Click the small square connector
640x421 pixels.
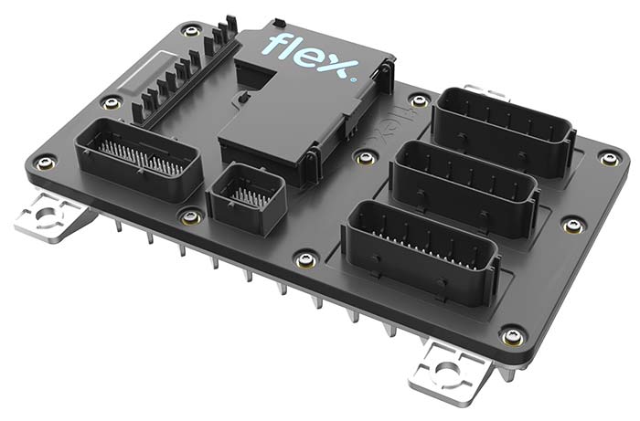click(x=244, y=195)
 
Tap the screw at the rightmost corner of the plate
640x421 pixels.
click(x=610, y=158)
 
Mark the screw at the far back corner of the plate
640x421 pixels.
click(x=190, y=29)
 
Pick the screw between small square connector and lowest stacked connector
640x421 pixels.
click(x=307, y=259)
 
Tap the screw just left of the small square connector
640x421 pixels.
click(x=190, y=216)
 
